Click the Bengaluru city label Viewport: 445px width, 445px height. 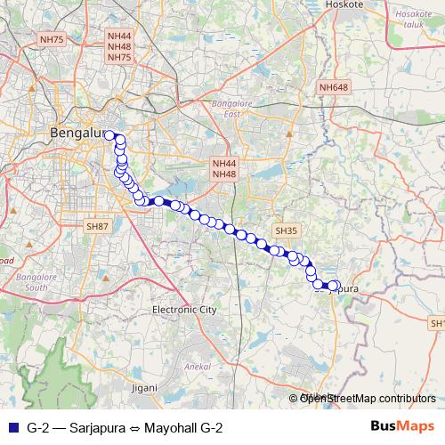click(x=78, y=133)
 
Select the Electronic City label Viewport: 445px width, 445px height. click(x=184, y=310)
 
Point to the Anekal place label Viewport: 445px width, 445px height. click(x=196, y=365)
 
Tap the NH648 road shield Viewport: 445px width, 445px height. click(x=335, y=86)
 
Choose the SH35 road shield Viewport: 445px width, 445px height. click(x=285, y=231)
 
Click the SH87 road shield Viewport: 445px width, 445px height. click(x=97, y=228)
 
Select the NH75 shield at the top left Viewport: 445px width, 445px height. click(x=53, y=40)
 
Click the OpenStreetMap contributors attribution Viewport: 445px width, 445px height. click(x=367, y=399)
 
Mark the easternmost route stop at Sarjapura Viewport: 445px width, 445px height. click(x=336, y=286)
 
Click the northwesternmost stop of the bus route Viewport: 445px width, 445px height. click(x=110, y=135)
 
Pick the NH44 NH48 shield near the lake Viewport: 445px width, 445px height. click(x=223, y=169)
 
